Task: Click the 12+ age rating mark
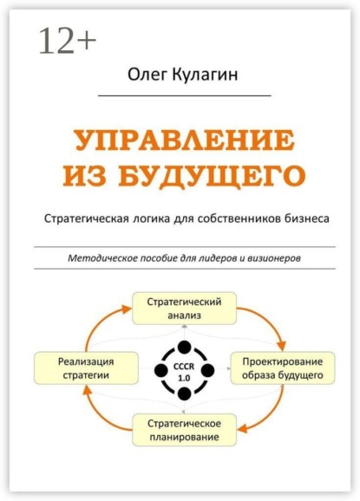point(68,41)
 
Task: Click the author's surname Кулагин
point(206,75)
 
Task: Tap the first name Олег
point(147,75)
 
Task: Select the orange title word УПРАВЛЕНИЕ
point(185,140)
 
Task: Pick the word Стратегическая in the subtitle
point(87,219)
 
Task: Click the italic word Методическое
point(101,257)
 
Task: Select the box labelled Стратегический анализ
point(185,309)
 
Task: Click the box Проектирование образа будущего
point(283,368)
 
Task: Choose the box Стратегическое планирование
point(185,430)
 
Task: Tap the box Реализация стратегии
point(87,368)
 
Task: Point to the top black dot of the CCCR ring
point(184,347)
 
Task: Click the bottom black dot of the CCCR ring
point(184,394)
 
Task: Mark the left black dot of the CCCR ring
point(161,370)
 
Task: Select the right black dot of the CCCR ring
point(208,370)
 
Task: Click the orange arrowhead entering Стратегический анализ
point(127,309)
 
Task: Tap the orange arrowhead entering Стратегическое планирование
point(243,428)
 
